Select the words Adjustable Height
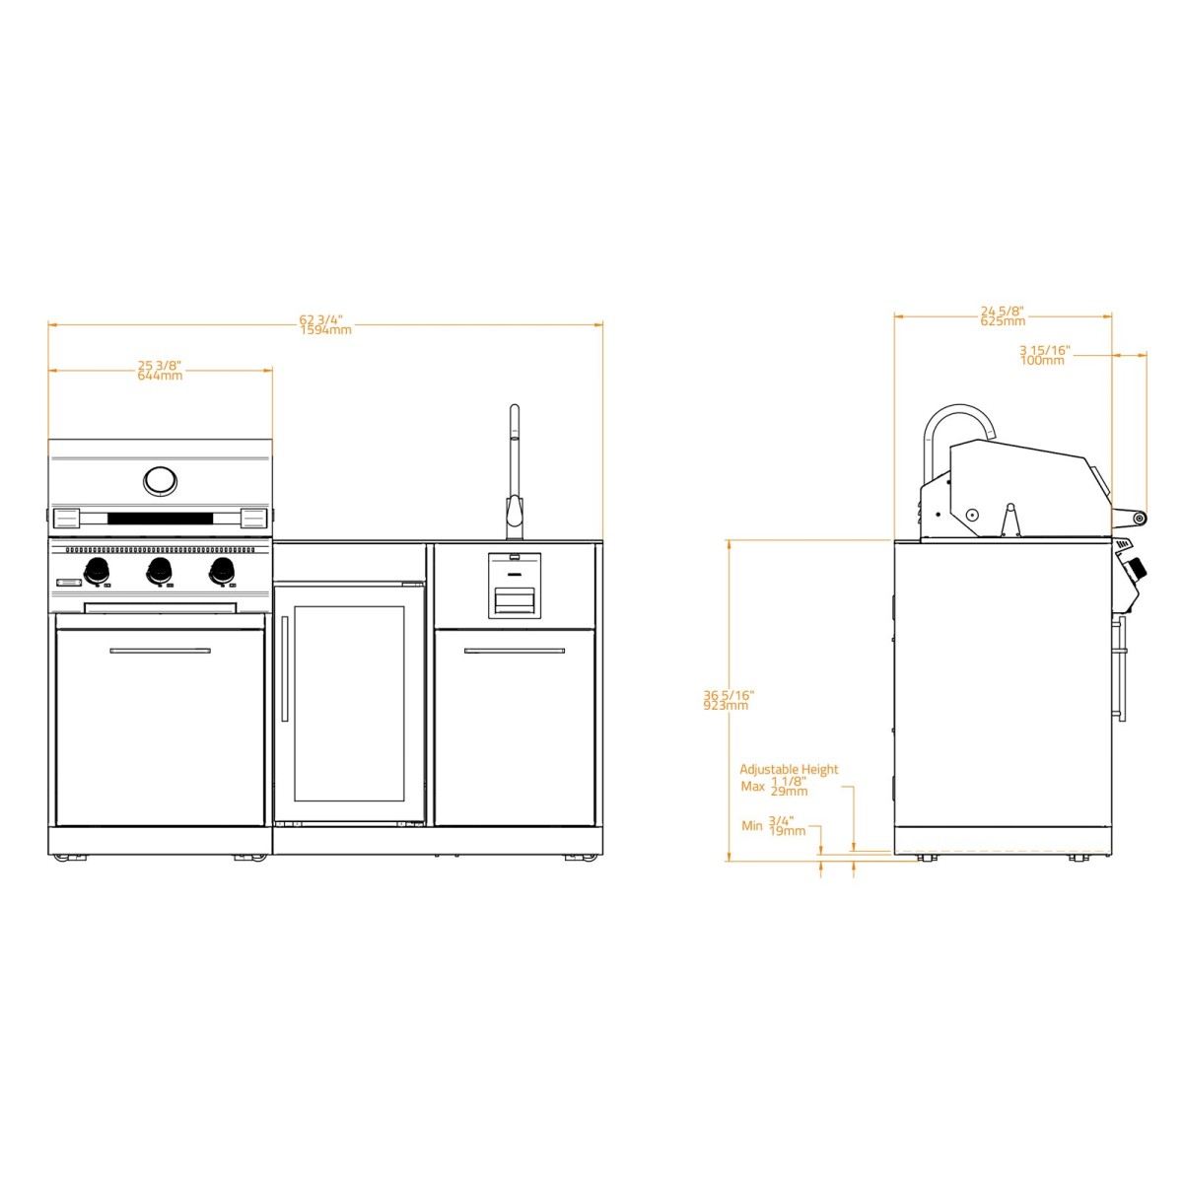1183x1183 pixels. click(x=789, y=770)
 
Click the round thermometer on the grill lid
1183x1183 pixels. click(x=160, y=481)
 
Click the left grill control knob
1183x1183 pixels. click(x=98, y=569)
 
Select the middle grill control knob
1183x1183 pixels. click(x=160, y=569)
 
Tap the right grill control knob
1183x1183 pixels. click(x=222, y=569)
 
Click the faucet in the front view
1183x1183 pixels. click(x=514, y=473)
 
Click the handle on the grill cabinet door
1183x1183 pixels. click(x=160, y=651)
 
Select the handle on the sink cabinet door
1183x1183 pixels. click(x=515, y=651)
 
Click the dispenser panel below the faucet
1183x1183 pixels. click(x=515, y=586)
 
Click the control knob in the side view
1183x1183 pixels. click(x=1137, y=569)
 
